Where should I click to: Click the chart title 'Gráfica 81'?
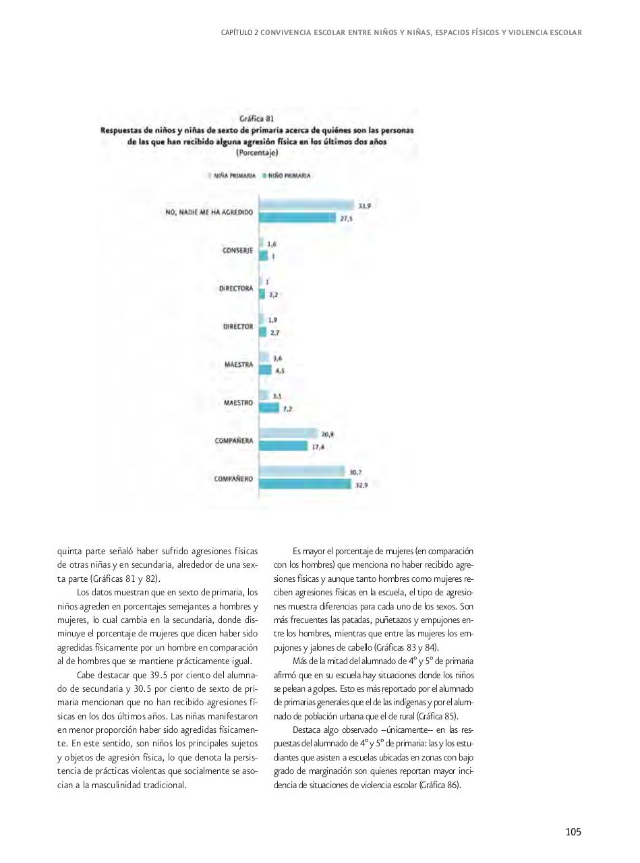(256, 119)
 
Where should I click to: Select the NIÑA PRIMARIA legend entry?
(234, 175)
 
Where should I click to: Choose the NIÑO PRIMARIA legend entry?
(289, 175)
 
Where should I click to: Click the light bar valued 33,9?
(307, 206)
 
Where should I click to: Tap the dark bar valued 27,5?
(297, 217)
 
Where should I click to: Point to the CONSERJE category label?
(237, 250)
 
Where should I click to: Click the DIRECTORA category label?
(235, 289)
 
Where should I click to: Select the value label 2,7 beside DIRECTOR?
(274, 332)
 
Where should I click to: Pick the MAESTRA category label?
(239, 365)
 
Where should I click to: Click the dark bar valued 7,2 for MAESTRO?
(270, 408)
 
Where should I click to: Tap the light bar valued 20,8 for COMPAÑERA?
(289, 434)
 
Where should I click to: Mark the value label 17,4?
(318, 446)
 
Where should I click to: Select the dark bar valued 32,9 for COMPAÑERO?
(305, 484)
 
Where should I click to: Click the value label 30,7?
(355, 473)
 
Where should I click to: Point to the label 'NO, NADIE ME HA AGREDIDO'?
(209, 212)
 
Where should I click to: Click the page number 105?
(573, 832)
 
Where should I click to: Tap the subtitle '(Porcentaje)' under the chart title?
(256, 152)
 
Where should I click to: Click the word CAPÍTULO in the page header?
(237, 32)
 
